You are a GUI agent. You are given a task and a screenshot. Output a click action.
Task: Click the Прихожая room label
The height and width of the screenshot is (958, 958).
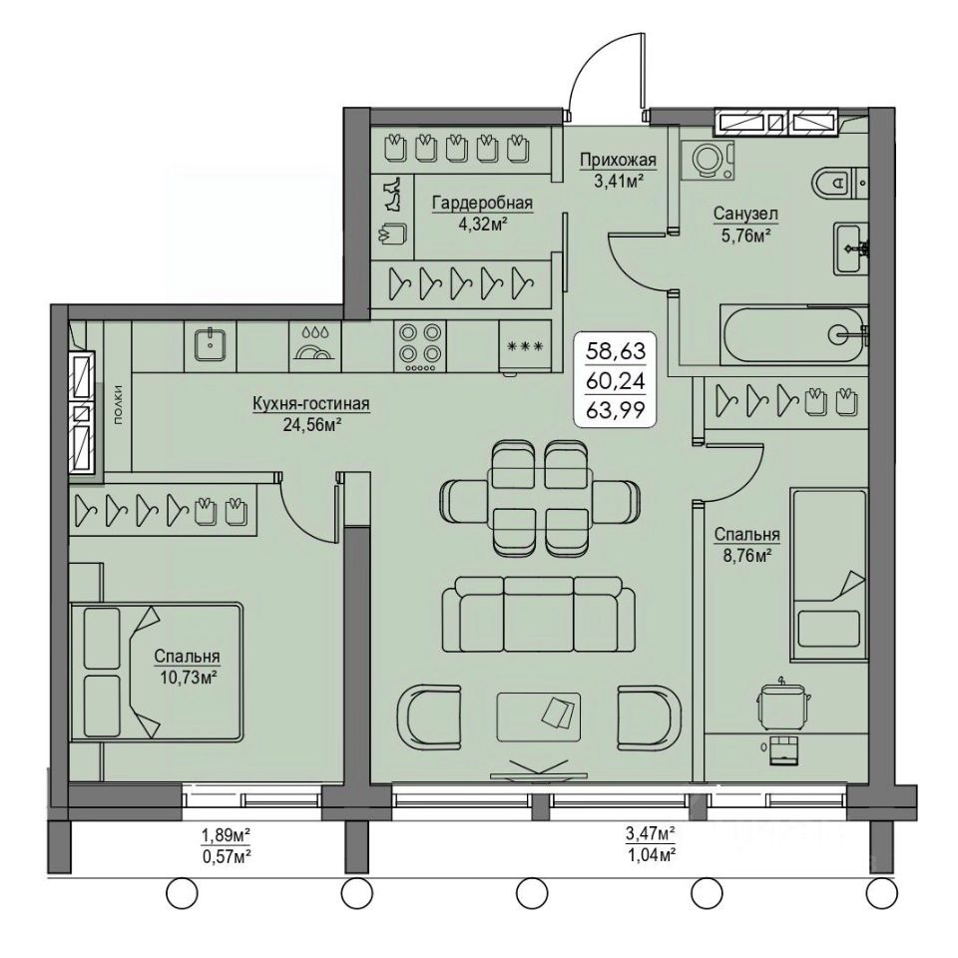click(x=618, y=160)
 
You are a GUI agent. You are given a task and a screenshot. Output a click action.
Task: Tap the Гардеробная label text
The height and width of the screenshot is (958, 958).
click(x=483, y=203)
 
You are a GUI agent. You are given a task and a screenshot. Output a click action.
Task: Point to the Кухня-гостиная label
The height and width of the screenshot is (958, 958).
click(x=311, y=404)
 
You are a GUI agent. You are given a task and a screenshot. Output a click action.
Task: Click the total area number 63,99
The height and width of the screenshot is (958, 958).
click(x=616, y=410)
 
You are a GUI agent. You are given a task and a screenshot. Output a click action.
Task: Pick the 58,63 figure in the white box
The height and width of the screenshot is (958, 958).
click(x=616, y=351)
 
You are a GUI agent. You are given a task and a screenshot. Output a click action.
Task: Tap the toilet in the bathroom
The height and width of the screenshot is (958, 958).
click(x=839, y=182)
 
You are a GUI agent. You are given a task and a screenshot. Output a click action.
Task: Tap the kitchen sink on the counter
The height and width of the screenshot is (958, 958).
click(x=211, y=344)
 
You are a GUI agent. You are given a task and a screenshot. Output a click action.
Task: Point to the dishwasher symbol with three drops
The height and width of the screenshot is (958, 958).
click(x=314, y=344)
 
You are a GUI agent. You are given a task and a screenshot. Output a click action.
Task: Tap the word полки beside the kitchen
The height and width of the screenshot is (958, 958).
click(x=118, y=404)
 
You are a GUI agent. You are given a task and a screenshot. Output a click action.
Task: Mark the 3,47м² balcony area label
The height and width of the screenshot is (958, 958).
click(x=650, y=831)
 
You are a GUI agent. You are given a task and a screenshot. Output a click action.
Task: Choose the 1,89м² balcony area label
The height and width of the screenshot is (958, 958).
click(x=227, y=833)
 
